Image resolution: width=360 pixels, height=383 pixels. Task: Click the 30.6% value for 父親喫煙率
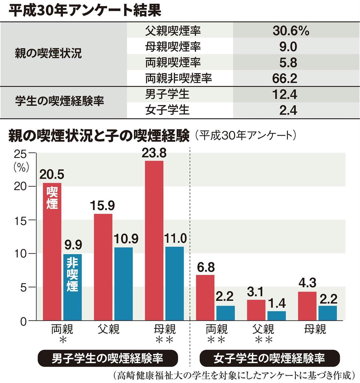point(291,31)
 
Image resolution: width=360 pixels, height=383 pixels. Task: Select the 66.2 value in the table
point(285,78)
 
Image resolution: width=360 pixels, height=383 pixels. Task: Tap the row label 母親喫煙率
point(173,47)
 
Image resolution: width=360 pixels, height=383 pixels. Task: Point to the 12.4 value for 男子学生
point(285,94)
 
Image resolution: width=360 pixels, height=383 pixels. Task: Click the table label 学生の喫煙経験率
point(60,101)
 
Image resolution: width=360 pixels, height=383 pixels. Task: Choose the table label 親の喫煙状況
point(48,54)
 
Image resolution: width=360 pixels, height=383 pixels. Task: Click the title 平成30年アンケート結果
point(85,10)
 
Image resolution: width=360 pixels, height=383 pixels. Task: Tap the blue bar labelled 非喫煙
point(72,287)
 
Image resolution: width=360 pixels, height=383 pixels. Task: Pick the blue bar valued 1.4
point(276,316)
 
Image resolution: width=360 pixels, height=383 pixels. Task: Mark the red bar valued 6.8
point(205,297)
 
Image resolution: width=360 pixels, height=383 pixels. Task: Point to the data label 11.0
point(175,238)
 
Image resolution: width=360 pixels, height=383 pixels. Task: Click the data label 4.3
point(307,283)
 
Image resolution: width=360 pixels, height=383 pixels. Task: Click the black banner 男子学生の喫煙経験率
point(107,358)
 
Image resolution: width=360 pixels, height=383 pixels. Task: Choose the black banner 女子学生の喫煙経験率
point(269,358)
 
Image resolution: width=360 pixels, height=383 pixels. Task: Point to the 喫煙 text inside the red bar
point(52,198)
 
